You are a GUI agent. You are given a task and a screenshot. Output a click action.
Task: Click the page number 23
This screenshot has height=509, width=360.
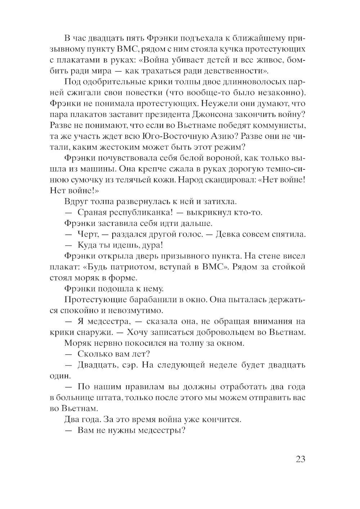pos(301,459)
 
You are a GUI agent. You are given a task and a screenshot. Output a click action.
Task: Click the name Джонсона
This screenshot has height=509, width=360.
pos(205,117)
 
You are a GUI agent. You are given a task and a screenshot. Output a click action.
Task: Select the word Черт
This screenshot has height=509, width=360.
pos(86,234)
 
